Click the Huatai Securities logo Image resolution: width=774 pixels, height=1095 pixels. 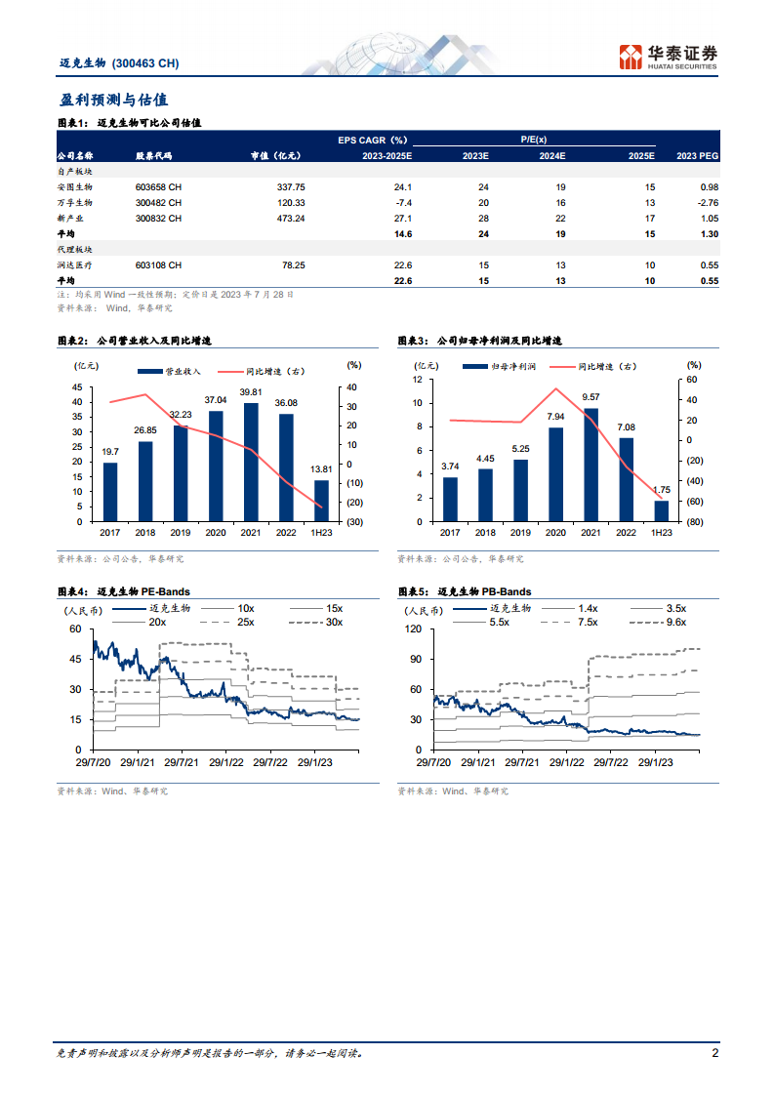(x=668, y=57)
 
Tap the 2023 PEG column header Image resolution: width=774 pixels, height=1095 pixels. (x=697, y=155)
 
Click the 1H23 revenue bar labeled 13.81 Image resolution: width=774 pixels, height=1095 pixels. (x=321, y=501)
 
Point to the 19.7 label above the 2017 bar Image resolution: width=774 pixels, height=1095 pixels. (x=110, y=451)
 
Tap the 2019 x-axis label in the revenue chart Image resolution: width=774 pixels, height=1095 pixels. (x=181, y=533)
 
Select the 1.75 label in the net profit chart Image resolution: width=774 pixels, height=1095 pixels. (x=662, y=490)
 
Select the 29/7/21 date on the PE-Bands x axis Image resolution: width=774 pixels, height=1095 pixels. (x=181, y=761)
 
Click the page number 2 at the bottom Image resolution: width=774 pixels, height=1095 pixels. (x=715, y=1053)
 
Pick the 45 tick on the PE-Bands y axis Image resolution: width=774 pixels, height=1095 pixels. (x=76, y=660)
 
